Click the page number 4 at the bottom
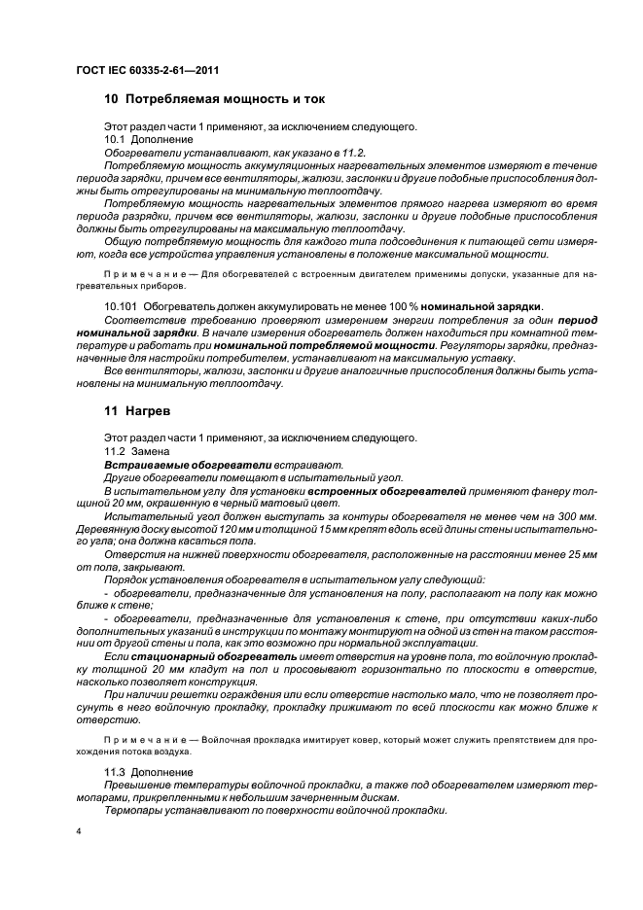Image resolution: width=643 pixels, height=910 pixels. coord(79,832)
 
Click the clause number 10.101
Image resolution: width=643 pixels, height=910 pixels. coord(124,306)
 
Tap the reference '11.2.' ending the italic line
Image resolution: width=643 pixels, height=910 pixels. coord(350,154)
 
